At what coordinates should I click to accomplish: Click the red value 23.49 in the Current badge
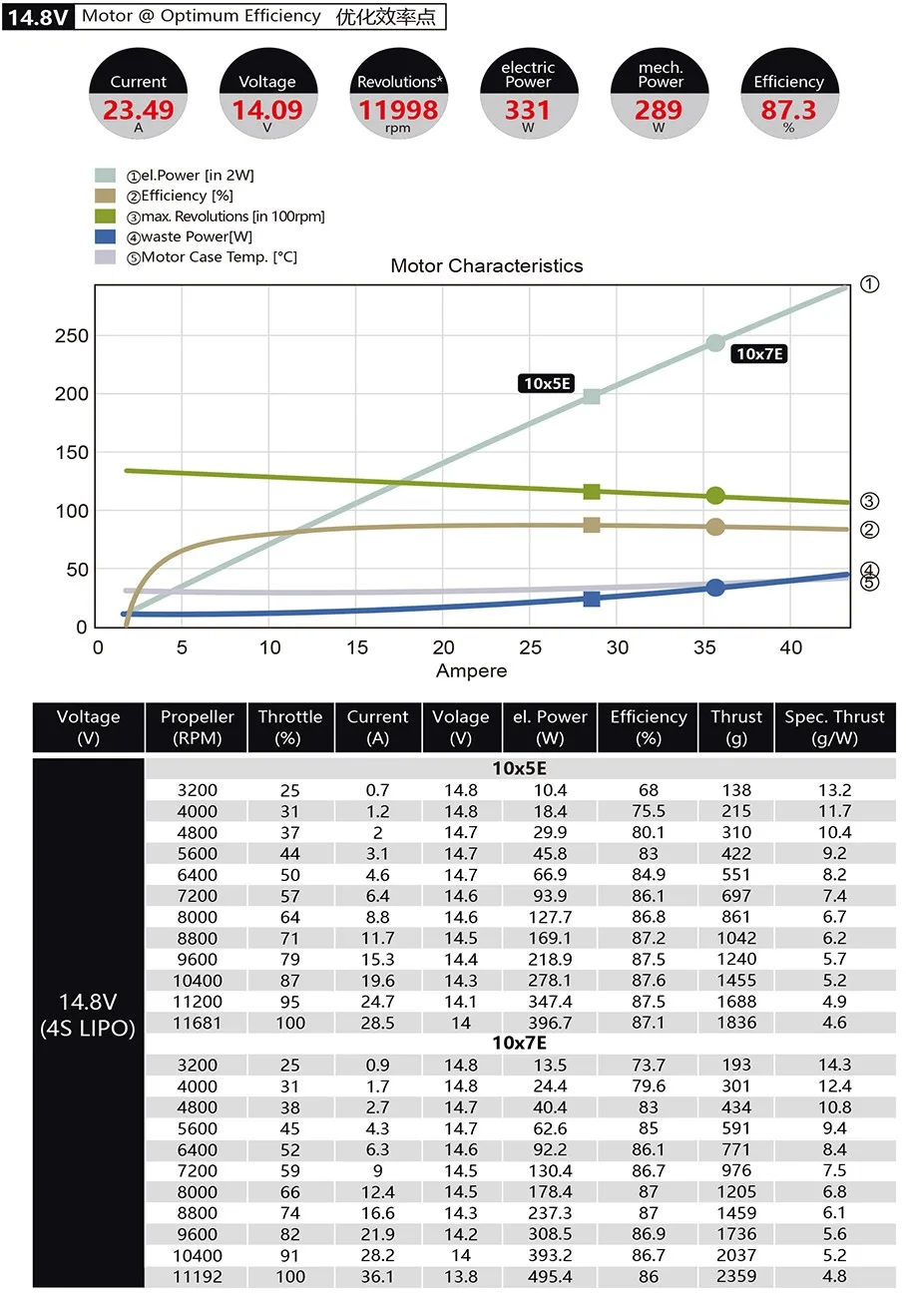[138, 110]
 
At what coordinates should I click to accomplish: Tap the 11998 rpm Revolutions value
[398, 110]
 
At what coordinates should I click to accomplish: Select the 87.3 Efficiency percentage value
[788, 110]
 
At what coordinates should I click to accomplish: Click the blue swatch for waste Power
[105, 236]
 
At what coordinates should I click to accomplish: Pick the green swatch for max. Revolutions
[105, 216]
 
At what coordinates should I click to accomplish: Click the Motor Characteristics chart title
[487, 265]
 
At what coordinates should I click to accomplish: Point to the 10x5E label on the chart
[546, 383]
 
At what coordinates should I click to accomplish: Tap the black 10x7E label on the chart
[759, 353]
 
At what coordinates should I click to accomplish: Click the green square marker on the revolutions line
[591, 492]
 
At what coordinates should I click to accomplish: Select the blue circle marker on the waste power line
[715, 588]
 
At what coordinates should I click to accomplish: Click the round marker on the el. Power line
[715, 343]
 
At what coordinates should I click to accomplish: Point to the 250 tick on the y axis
[71, 335]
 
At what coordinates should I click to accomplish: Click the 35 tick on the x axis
[704, 647]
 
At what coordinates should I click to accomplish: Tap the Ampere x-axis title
[471, 670]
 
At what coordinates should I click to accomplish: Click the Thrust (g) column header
[736, 727]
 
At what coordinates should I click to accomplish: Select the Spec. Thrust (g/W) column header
[834, 727]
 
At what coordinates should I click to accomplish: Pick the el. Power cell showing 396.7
[550, 1023]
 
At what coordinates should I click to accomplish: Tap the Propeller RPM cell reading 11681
[197, 1023]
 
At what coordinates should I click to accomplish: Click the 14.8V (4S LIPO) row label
[88, 1015]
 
